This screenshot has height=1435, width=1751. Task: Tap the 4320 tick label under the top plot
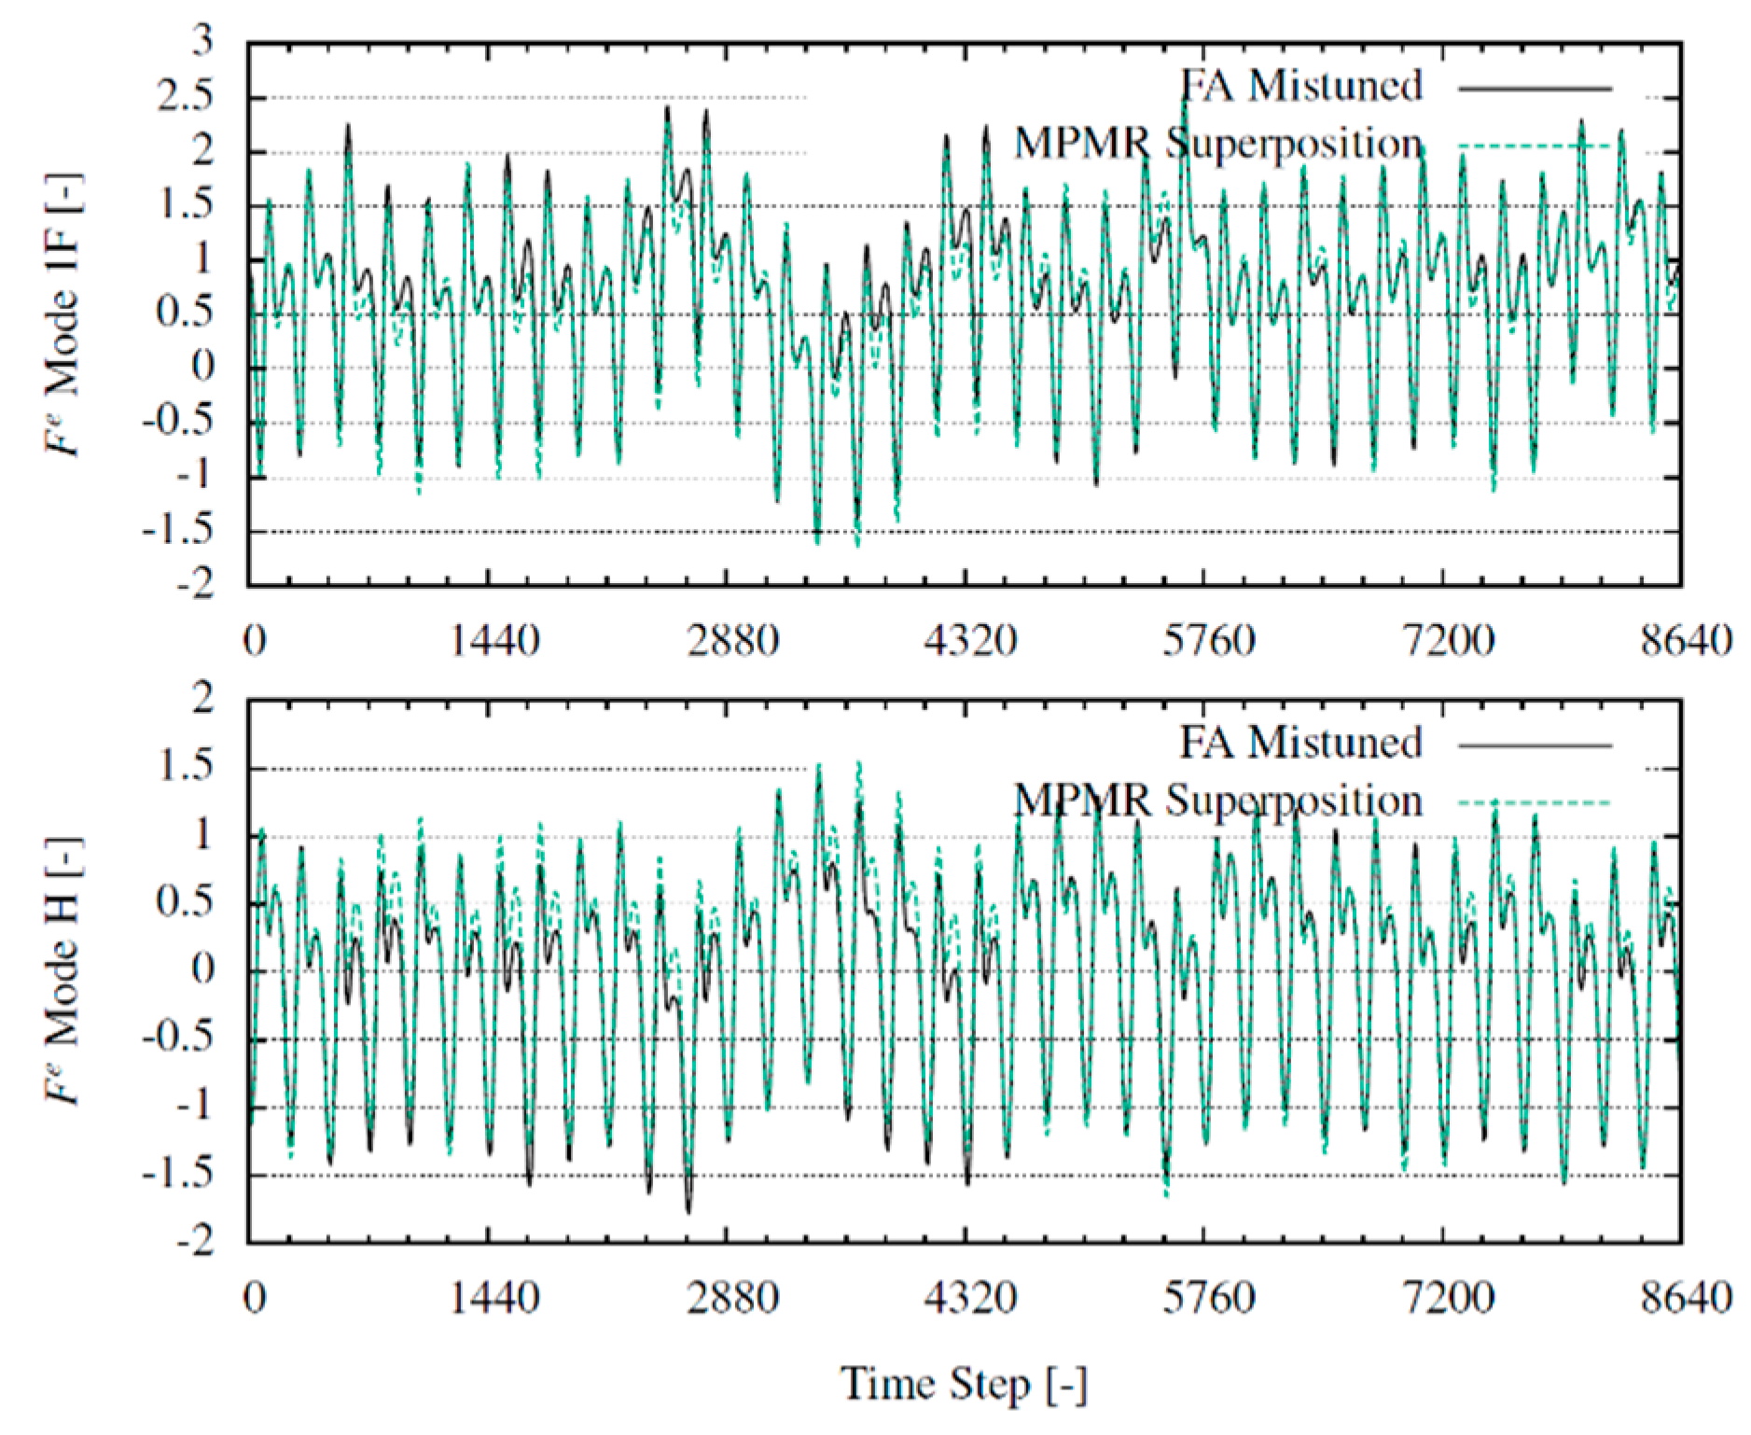(x=970, y=642)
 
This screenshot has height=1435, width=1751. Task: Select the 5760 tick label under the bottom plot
(x=1208, y=1298)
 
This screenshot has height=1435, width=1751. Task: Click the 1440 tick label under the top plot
(x=494, y=642)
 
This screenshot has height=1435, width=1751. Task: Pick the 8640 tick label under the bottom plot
(x=1686, y=1298)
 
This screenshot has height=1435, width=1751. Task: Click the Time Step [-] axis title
(x=964, y=1384)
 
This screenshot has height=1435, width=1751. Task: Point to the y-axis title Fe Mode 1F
(x=64, y=314)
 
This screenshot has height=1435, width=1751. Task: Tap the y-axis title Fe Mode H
(x=64, y=970)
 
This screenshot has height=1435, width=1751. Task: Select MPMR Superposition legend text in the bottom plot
(x=1217, y=801)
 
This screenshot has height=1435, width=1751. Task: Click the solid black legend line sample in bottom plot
(x=1535, y=745)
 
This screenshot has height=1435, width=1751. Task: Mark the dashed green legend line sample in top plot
(x=1535, y=146)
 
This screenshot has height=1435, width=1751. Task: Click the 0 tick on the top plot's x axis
(x=254, y=642)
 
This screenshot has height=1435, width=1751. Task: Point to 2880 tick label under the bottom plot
(x=733, y=1298)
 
